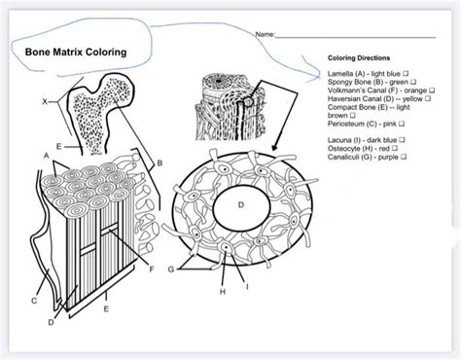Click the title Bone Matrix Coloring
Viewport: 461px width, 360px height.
(x=70, y=51)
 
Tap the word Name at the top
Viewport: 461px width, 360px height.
(x=265, y=35)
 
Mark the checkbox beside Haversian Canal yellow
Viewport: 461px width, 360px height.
(x=429, y=99)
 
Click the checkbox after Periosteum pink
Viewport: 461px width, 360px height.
(x=393, y=125)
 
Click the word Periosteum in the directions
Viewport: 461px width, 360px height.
(x=348, y=125)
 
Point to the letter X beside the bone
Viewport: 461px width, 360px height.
(x=42, y=101)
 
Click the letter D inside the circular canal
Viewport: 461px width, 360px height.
(x=241, y=205)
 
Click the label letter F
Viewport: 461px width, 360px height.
(x=152, y=269)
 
